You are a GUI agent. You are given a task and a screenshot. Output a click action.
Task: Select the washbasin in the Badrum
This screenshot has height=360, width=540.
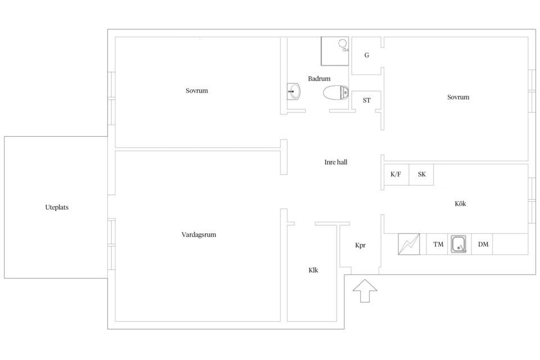click(294, 91)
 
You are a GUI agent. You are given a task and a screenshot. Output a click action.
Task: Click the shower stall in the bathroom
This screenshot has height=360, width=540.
click(335, 51)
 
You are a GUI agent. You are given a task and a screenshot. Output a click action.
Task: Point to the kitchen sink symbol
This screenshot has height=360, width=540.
click(458, 244)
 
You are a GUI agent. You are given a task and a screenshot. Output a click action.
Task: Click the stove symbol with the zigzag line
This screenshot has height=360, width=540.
click(409, 244)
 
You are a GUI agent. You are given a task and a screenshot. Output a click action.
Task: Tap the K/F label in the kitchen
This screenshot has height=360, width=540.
click(395, 174)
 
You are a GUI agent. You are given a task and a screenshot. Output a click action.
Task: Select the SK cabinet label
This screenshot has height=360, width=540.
click(422, 174)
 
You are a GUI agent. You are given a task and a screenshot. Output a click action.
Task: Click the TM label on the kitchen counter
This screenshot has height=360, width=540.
click(438, 244)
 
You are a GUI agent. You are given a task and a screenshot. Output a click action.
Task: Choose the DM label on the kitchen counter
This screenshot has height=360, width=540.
click(483, 244)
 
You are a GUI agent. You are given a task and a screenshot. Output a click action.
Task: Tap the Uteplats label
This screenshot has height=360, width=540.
click(57, 208)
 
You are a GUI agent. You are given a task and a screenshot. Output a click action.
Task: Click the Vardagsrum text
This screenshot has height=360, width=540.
click(199, 235)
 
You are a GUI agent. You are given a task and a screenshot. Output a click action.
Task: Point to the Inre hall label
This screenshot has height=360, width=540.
click(336, 162)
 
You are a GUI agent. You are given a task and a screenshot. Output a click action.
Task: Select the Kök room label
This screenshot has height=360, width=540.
click(461, 204)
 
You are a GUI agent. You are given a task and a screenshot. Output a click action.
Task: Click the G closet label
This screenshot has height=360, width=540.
click(367, 55)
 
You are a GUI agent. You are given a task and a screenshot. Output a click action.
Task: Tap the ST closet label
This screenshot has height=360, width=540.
click(367, 100)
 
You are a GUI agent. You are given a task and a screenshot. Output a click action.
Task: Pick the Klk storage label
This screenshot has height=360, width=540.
click(313, 270)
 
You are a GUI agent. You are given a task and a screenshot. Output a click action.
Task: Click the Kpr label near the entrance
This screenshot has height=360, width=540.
click(360, 246)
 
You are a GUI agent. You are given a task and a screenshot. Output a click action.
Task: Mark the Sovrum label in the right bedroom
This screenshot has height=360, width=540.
click(458, 97)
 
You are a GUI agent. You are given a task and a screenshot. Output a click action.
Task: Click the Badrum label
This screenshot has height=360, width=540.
click(319, 79)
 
